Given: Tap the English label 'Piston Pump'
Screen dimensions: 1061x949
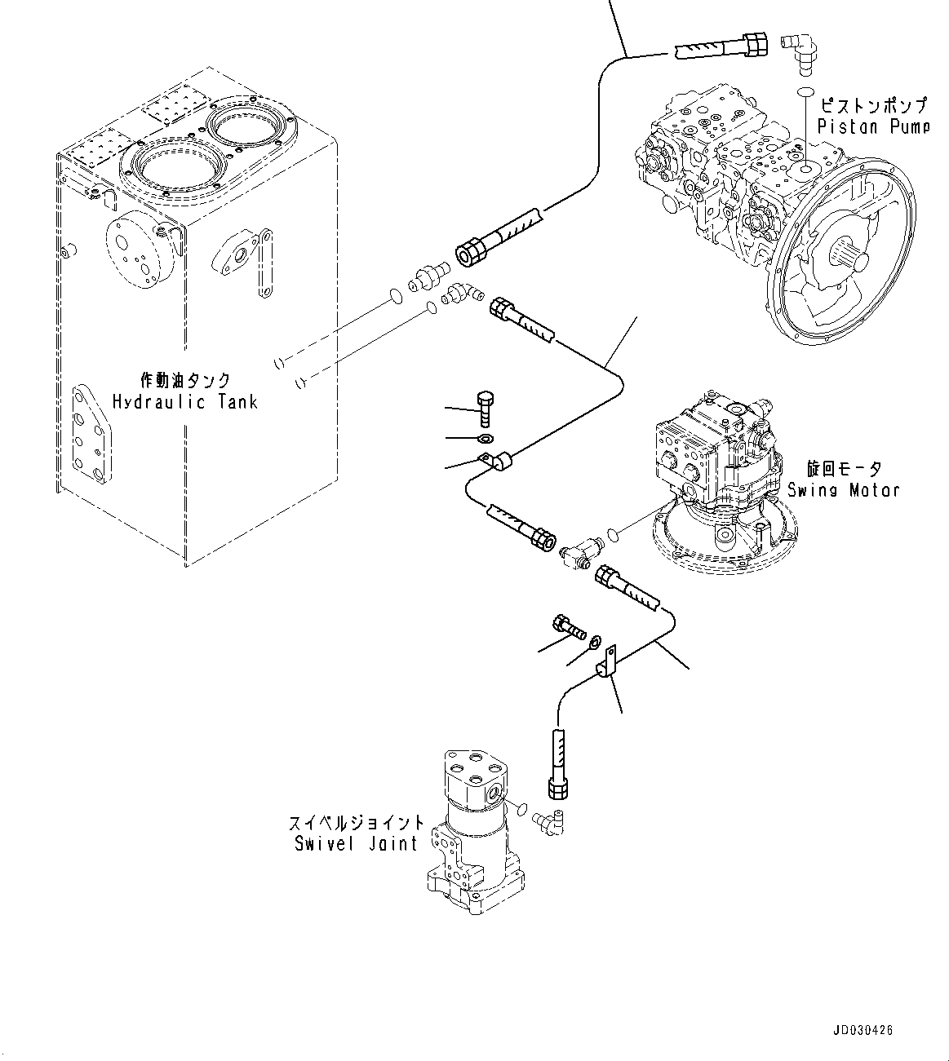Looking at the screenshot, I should point(873,126).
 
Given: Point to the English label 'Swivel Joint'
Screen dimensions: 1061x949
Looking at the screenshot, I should point(356,843).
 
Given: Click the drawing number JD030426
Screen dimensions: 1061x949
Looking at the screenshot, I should point(863,1030).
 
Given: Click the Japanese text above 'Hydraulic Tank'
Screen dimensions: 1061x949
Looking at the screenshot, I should point(185,380).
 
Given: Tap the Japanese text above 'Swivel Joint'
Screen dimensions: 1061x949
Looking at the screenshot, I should point(356,822).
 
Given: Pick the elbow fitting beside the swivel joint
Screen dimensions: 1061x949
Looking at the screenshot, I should point(550,820).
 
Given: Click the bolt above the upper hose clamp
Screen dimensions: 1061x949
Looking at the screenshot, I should point(486,405).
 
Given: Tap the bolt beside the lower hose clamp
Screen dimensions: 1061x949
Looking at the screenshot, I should point(568,628).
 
